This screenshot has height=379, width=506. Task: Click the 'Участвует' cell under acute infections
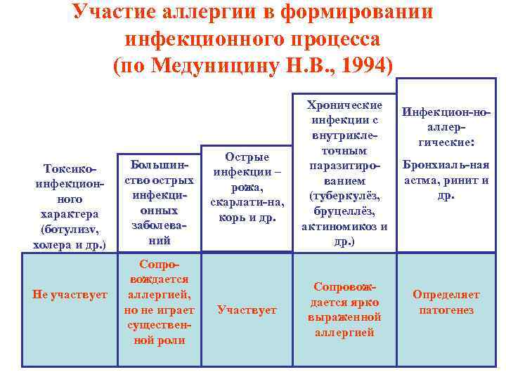click(247, 310)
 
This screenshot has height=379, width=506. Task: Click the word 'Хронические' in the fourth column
click(344, 105)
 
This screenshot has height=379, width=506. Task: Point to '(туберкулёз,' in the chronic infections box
click(344, 197)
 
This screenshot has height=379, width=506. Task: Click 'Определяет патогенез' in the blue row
click(446, 302)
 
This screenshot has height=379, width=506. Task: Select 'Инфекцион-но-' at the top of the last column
click(446, 113)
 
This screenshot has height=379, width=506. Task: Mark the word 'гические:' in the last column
click(446, 143)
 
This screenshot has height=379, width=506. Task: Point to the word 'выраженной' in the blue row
click(344, 317)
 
